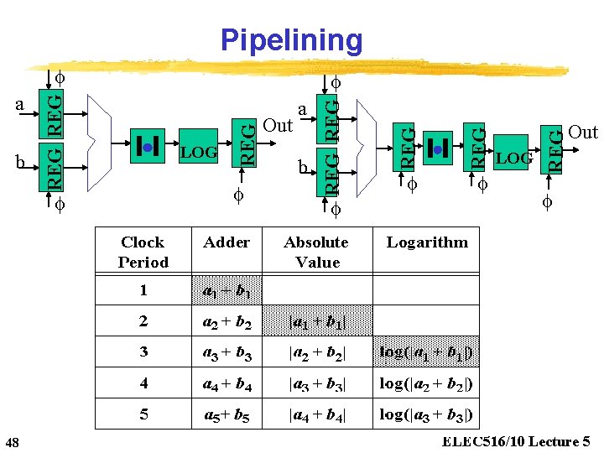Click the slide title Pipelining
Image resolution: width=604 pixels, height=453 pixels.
pyautogui.click(x=291, y=39)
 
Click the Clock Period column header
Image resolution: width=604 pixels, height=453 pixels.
pyautogui.click(x=143, y=252)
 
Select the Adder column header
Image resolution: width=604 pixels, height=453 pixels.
pyautogui.click(x=226, y=242)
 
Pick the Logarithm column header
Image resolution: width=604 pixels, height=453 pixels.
pyautogui.click(x=426, y=242)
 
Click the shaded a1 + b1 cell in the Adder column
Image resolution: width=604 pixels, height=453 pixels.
pyautogui.click(x=226, y=291)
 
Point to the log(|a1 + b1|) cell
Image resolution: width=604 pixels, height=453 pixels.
pyautogui.click(x=426, y=352)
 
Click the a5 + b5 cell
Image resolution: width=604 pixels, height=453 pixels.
pyautogui.click(x=226, y=414)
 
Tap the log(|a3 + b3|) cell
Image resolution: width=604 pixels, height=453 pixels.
pyautogui.click(x=426, y=414)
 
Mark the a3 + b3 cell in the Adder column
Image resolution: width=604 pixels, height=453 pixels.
pyautogui.click(x=226, y=352)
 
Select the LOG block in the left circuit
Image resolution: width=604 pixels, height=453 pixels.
pyautogui.click(x=200, y=152)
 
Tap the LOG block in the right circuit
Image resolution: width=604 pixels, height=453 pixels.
pyautogui.click(x=513, y=158)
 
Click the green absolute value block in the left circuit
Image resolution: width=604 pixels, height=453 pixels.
pyautogui.click(x=146, y=147)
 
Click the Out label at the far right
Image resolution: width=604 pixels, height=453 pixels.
pyautogui.click(x=582, y=132)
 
